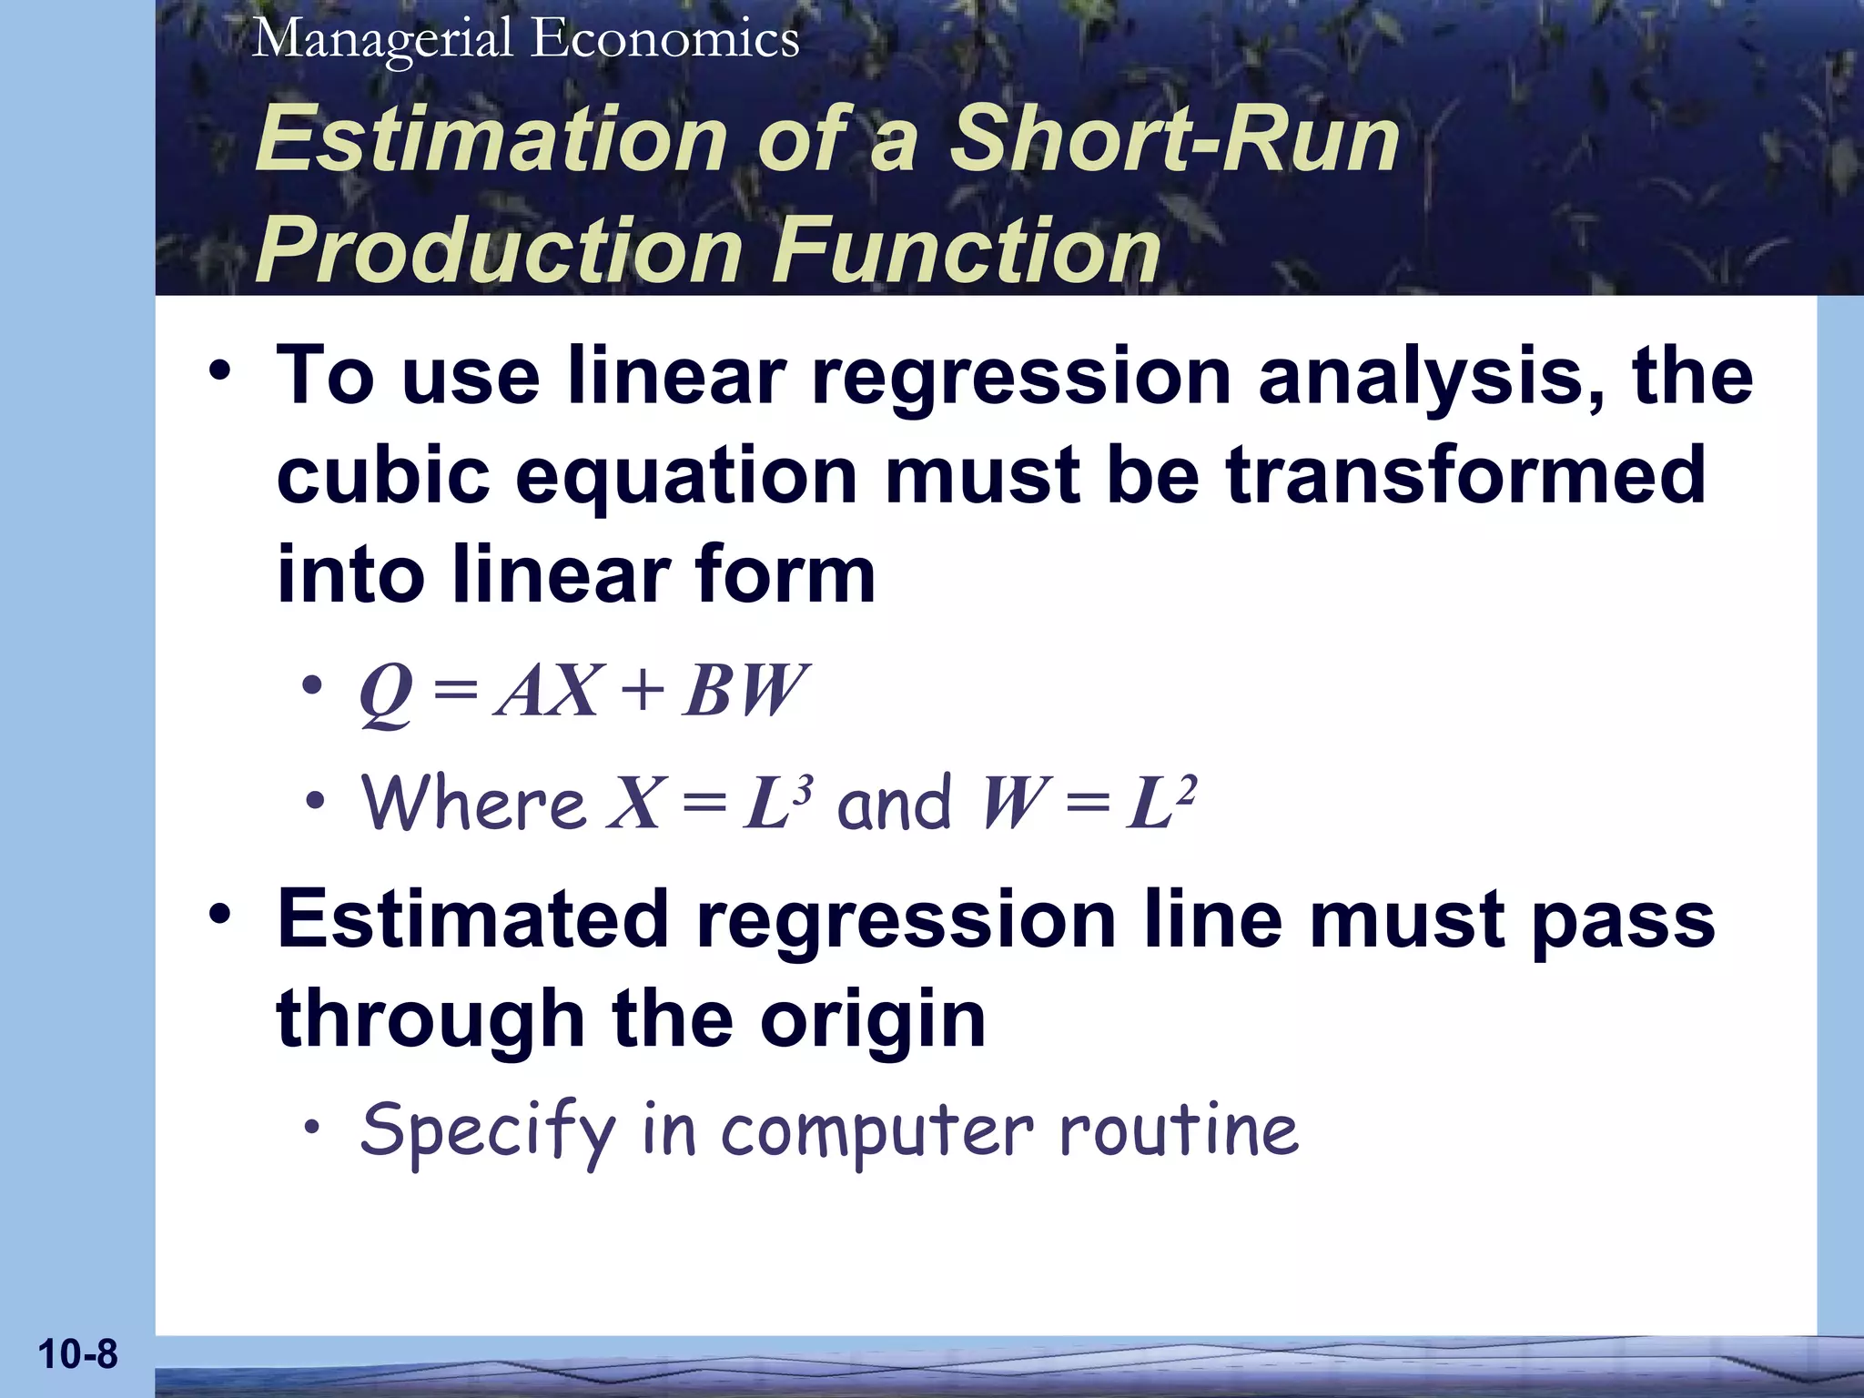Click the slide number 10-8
pyautogui.click(x=77, y=1354)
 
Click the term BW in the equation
pyautogui.click(x=745, y=692)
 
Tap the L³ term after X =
pyautogui.click(x=775, y=803)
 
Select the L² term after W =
pyautogui.click(x=1160, y=803)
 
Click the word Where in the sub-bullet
pyautogui.click(x=473, y=803)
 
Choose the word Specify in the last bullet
pyautogui.click(x=488, y=1130)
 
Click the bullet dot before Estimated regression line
pyautogui.click(x=219, y=915)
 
